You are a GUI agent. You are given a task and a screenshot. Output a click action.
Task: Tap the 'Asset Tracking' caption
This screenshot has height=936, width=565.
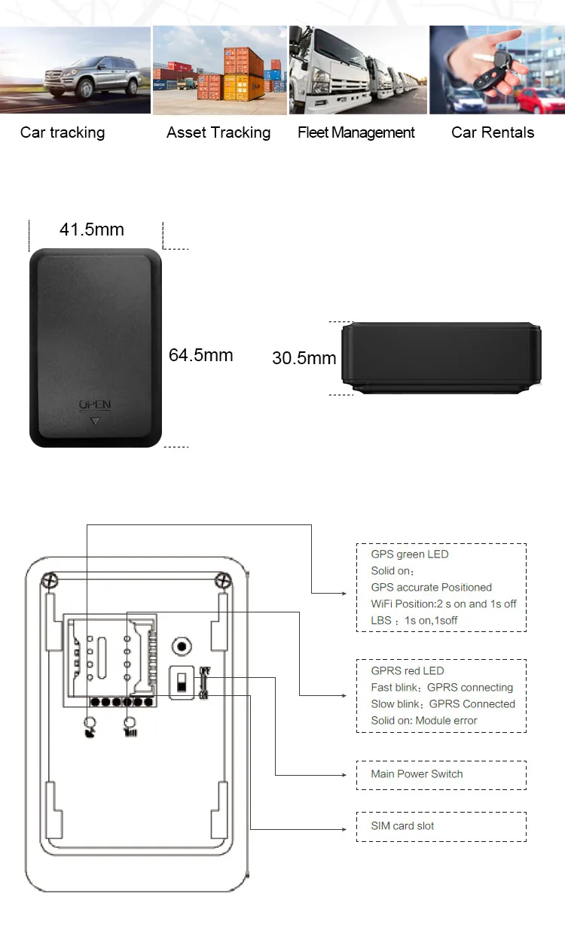coord(218,133)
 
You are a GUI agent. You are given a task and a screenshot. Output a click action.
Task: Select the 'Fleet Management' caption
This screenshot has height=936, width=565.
coord(356,133)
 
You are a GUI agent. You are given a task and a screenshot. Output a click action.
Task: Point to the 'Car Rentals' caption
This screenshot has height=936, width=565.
coord(493,133)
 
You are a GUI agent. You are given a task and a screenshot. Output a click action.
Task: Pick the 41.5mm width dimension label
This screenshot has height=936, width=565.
coord(92,229)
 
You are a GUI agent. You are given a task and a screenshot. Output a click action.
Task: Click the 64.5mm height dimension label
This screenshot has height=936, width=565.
coord(200,355)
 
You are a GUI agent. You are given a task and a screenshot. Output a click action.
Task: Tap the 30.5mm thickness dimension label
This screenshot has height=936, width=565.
coord(304,358)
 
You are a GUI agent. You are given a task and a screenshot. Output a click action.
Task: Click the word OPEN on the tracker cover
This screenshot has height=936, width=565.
coord(95,406)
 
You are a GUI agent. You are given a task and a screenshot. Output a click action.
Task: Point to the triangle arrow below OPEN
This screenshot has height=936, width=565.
coord(95,422)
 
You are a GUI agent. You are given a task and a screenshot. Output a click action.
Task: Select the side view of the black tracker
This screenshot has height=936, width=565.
coord(441,358)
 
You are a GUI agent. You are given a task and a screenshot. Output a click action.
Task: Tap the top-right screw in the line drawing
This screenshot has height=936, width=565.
coord(222,580)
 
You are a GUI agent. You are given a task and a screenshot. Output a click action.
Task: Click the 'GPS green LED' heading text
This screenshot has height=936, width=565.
coord(409,555)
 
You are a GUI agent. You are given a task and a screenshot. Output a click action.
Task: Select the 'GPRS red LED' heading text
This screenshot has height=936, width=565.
coord(408,671)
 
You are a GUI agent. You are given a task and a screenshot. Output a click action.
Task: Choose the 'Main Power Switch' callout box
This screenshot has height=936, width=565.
coord(441,774)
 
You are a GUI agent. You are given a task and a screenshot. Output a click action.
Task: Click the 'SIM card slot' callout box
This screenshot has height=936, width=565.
coord(441,826)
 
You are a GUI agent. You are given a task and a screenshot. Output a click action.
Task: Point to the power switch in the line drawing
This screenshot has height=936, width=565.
coord(182,683)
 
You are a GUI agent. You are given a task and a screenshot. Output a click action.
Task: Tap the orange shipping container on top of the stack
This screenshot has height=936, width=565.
coord(240,60)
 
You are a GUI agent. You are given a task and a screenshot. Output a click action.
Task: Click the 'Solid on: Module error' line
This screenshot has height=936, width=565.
coord(424,721)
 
